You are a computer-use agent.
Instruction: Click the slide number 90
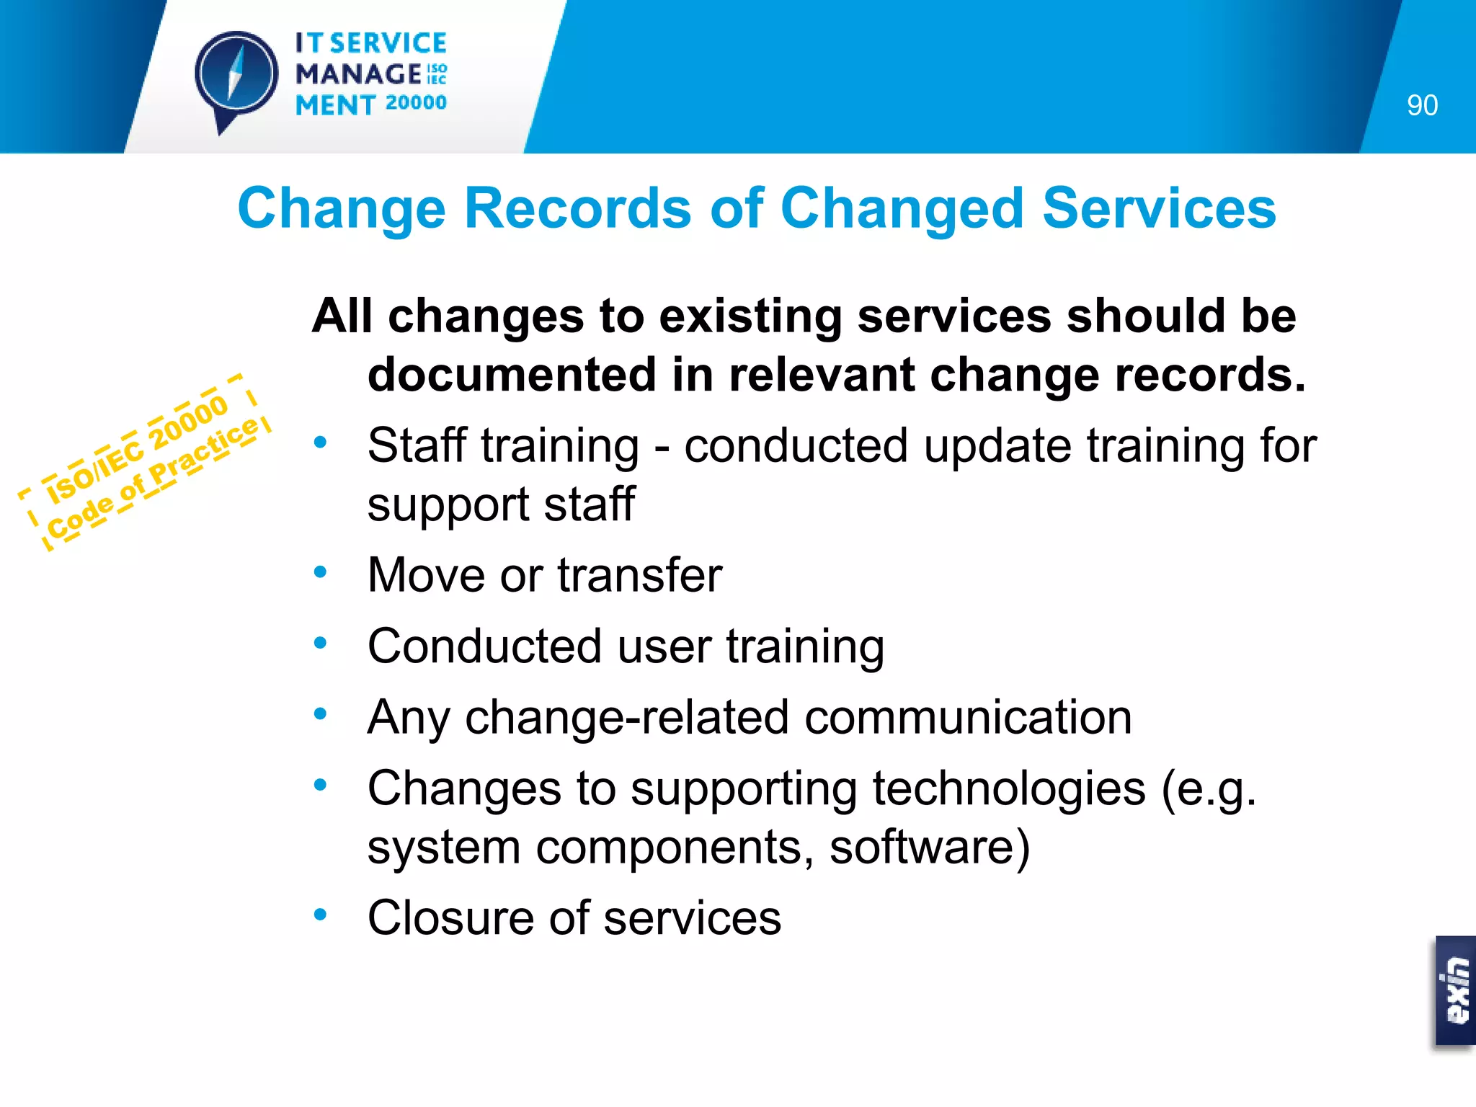coord(1422,106)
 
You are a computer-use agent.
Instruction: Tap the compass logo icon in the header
coord(236,75)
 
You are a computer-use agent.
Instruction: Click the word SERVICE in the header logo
coord(388,43)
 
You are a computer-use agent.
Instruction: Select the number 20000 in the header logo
coord(416,103)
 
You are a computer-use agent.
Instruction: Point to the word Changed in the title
coord(902,208)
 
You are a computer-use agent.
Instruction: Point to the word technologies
coord(1009,788)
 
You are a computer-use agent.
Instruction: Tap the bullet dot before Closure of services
coord(321,914)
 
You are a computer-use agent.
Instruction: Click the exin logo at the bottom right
coord(1455,992)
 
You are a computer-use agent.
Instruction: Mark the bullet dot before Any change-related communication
coord(321,713)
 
